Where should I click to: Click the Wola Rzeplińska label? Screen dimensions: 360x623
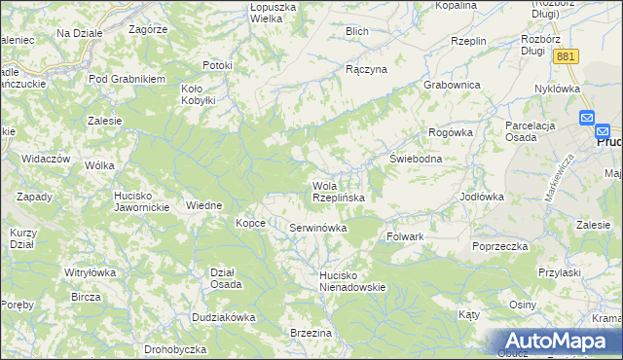tap(338, 192)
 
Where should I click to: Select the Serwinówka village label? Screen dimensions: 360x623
tap(318, 228)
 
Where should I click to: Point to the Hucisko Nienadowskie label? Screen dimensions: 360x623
tap(353, 281)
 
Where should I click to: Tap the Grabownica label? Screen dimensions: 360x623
tap(453, 85)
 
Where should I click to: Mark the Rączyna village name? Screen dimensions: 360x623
tap(367, 70)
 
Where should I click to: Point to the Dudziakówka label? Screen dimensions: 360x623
tap(223, 317)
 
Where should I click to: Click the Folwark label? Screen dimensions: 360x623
tap(405, 236)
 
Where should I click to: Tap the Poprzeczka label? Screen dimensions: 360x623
tap(499, 246)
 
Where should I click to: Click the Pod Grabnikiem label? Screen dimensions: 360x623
tap(127, 78)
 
